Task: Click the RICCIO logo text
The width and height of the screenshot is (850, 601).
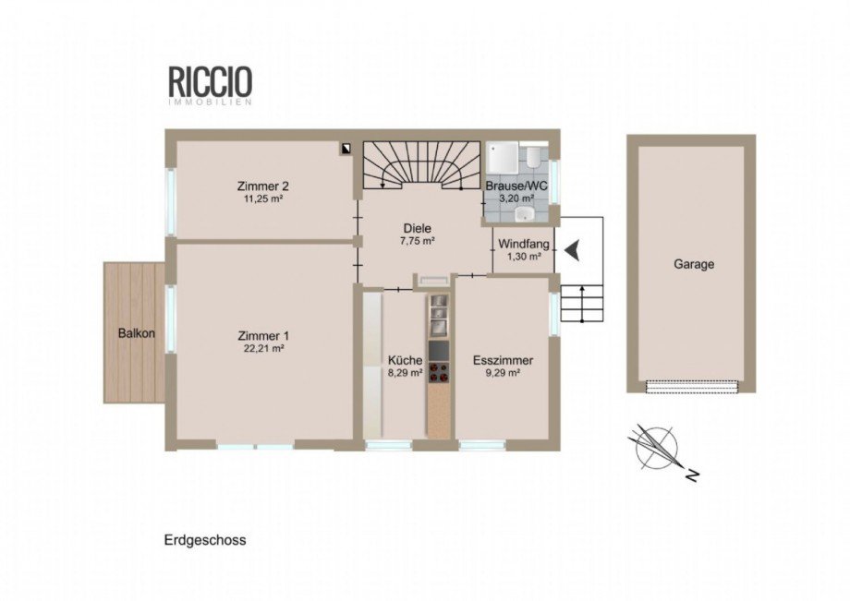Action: [211, 81]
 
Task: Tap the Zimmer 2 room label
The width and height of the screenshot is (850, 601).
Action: [263, 186]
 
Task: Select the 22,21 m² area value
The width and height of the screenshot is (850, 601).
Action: [264, 349]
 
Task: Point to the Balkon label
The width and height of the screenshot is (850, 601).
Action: [137, 333]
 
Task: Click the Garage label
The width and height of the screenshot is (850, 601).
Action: [694, 265]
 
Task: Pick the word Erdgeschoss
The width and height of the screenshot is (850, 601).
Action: [205, 540]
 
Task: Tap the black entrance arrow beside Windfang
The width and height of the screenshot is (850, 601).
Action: [572, 250]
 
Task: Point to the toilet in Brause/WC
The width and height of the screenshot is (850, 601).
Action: [532, 155]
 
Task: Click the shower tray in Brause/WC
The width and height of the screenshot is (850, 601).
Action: [503, 157]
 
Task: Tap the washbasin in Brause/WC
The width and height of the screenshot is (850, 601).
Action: [524, 214]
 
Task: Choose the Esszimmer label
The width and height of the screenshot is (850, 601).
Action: [503, 361]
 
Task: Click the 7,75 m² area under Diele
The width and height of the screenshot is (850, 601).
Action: [418, 242]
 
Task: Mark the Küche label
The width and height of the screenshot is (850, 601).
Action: [405, 360]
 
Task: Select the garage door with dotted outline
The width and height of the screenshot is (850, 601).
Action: [692, 386]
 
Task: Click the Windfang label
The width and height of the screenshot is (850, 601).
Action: [524, 245]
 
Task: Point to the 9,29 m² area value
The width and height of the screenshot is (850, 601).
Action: [503, 373]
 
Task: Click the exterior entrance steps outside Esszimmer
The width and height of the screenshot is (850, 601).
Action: [582, 303]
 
